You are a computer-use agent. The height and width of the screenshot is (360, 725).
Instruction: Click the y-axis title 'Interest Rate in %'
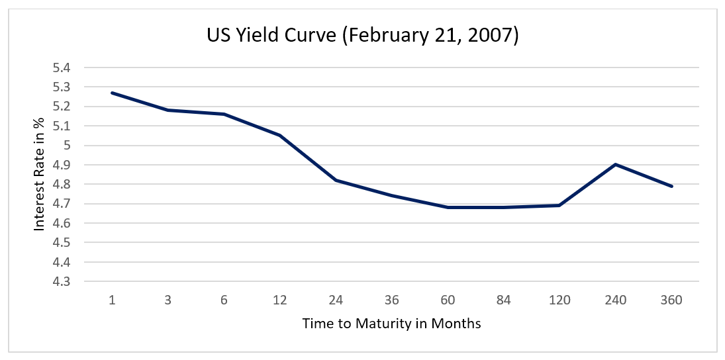pyautogui.click(x=40, y=175)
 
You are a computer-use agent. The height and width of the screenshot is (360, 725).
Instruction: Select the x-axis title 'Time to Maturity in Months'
pyautogui.click(x=391, y=324)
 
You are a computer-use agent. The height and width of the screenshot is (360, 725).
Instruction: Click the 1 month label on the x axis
pyautogui.click(x=112, y=300)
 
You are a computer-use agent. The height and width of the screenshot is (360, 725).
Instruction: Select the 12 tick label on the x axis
pyautogui.click(x=280, y=300)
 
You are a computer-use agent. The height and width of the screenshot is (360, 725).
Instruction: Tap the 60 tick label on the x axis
pyautogui.click(x=448, y=300)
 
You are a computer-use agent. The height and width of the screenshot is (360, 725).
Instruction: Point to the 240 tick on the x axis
pyautogui.click(x=615, y=300)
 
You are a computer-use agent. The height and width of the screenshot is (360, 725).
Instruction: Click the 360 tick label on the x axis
pyautogui.click(x=671, y=300)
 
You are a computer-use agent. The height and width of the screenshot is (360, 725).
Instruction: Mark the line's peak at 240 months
pyautogui.click(x=615, y=164)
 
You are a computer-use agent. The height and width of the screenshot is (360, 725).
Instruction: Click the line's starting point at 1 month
pyautogui.click(x=112, y=93)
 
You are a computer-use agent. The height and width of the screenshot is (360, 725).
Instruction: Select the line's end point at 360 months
pyautogui.click(x=671, y=186)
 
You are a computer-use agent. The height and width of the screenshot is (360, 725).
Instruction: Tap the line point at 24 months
pyautogui.click(x=336, y=180)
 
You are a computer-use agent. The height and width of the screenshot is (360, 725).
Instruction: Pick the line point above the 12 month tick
pyautogui.click(x=280, y=136)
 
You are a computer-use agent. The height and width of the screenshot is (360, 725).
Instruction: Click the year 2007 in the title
pyautogui.click(x=491, y=36)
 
